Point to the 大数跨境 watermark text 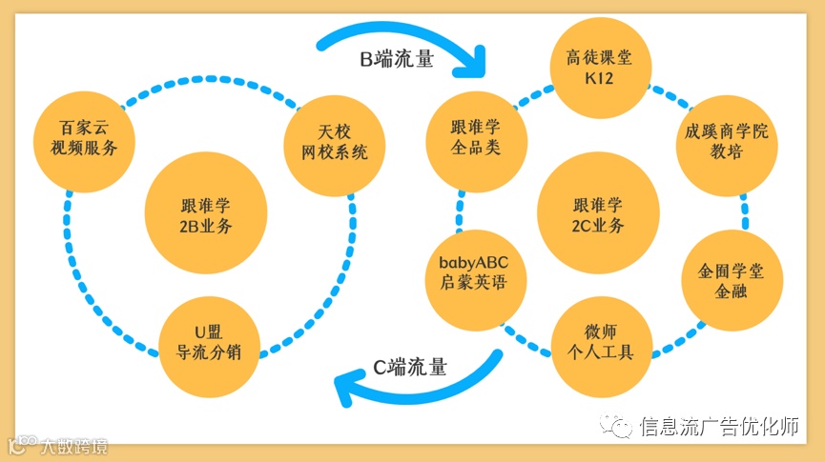tap(72, 445)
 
